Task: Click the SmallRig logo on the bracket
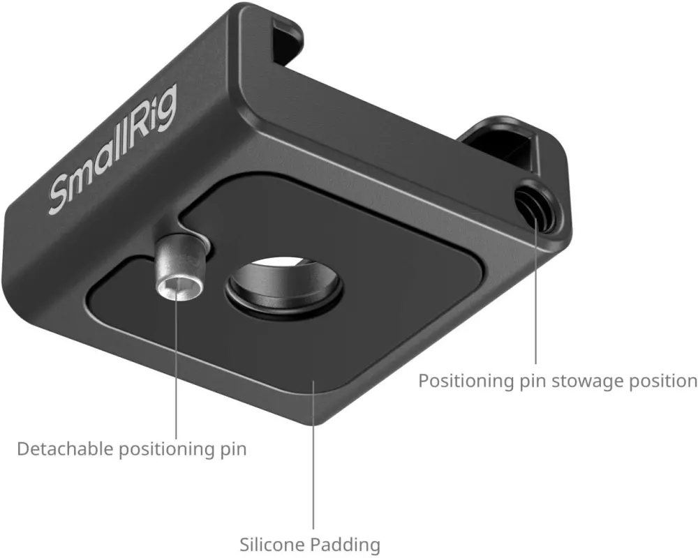coord(112,150)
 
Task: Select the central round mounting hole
coord(284,285)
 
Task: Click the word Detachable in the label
coord(65,449)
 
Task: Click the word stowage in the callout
coord(588,382)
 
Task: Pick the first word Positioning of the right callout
coord(466,382)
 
